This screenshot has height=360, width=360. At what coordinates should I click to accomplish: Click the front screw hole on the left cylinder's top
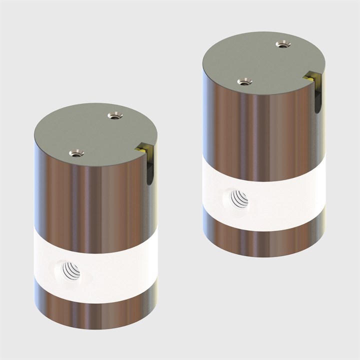(76, 152)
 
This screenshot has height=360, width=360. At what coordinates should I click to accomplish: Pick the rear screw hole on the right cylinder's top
(283, 44)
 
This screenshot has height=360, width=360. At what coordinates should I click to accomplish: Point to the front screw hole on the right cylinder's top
(244, 81)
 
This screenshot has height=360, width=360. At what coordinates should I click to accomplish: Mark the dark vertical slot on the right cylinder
(316, 97)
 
